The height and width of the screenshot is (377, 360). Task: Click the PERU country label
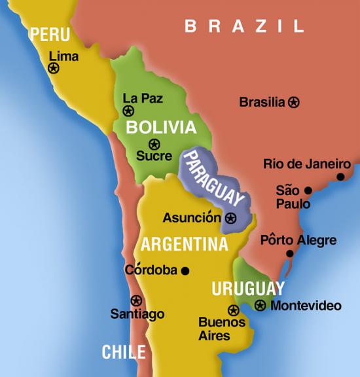click(50, 34)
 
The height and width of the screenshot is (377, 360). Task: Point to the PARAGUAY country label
click(212, 179)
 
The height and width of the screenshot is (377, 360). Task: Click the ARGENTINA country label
click(185, 244)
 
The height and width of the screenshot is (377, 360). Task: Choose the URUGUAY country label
click(248, 289)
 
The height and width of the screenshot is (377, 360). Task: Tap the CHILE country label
click(123, 351)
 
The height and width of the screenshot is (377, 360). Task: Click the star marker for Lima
click(54, 67)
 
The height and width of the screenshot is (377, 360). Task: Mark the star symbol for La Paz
click(128, 111)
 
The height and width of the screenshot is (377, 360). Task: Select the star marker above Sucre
click(154, 144)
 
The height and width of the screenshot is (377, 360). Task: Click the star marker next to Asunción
click(230, 218)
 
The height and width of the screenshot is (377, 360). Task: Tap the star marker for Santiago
click(136, 300)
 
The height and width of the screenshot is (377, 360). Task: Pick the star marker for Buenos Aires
click(233, 310)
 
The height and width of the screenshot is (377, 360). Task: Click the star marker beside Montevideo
click(261, 305)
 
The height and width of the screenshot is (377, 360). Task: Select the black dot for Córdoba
click(185, 270)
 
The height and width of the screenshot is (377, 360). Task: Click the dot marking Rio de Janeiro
click(340, 177)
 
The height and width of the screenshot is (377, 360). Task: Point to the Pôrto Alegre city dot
click(289, 253)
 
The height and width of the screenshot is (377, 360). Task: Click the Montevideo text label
click(306, 306)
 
